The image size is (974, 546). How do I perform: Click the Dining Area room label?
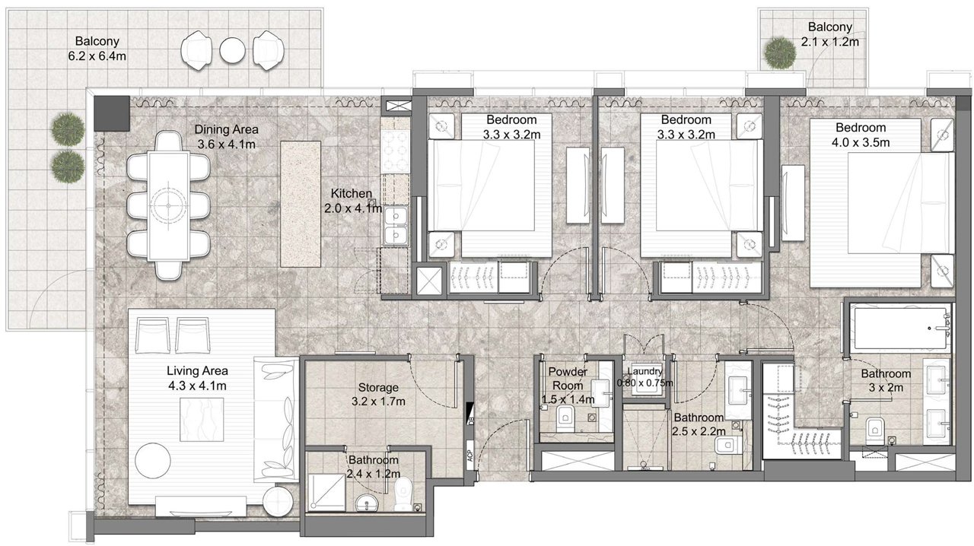tap(226, 129)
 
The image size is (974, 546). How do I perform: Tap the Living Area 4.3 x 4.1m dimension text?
tap(197, 386)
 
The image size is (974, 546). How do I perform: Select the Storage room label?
tap(378, 387)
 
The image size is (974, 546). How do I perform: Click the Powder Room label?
tap(568, 378)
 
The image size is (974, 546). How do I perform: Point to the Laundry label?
tap(645, 371)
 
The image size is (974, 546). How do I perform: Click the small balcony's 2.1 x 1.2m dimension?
tap(829, 42)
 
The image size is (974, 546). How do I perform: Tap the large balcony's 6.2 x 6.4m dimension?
tap(97, 56)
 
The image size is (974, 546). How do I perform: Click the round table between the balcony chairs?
tap(233, 50)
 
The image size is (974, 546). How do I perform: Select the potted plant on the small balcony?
tap(780, 53)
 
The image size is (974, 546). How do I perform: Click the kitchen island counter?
tap(301, 204)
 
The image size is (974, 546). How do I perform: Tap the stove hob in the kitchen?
tap(396, 151)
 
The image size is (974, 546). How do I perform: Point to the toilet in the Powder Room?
tap(565, 419)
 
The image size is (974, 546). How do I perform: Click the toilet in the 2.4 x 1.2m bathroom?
tap(403, 494)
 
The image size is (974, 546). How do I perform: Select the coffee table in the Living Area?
tap(202, 420)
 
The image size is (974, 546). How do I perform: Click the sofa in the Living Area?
tap(275, 419)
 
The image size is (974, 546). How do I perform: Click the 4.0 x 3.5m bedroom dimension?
tap(861, 143)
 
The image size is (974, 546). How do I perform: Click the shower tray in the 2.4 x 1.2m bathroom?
tap(326, 492)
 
